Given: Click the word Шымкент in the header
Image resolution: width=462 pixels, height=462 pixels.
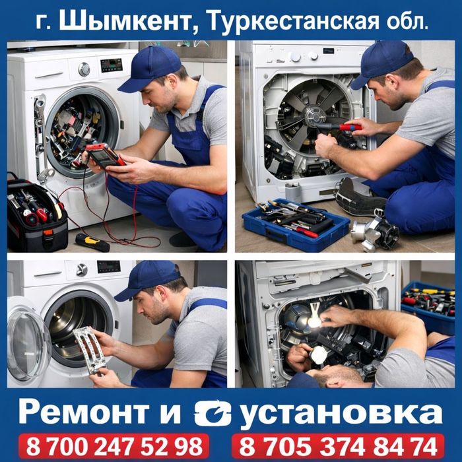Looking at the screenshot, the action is tap(125, 21).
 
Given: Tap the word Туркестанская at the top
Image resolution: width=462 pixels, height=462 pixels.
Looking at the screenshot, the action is tap(292, 22).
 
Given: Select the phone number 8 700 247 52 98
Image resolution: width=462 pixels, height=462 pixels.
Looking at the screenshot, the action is tap(114, 447).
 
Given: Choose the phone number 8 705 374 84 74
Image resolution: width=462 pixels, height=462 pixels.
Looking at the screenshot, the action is tap(338, 447).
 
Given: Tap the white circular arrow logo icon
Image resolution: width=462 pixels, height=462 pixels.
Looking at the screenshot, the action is tap(213, 412).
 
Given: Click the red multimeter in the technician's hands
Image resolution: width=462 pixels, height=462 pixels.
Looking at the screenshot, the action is tap(103, 156).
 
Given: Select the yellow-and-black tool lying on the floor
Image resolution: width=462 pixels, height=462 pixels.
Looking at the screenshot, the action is tap(92, 242).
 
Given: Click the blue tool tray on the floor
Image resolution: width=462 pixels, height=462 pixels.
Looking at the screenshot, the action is tap(295, 225).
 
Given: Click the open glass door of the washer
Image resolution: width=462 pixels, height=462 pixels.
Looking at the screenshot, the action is tap(28, 343).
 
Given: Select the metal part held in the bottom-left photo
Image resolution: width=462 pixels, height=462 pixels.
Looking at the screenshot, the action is tap(90, 350).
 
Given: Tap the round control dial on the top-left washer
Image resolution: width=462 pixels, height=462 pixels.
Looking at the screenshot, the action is tap(84, 69).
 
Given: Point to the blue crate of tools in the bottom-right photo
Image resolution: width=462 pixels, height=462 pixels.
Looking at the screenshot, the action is tap(428, 306).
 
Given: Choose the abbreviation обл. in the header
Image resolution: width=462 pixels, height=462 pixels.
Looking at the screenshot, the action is tap(407, 22).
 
